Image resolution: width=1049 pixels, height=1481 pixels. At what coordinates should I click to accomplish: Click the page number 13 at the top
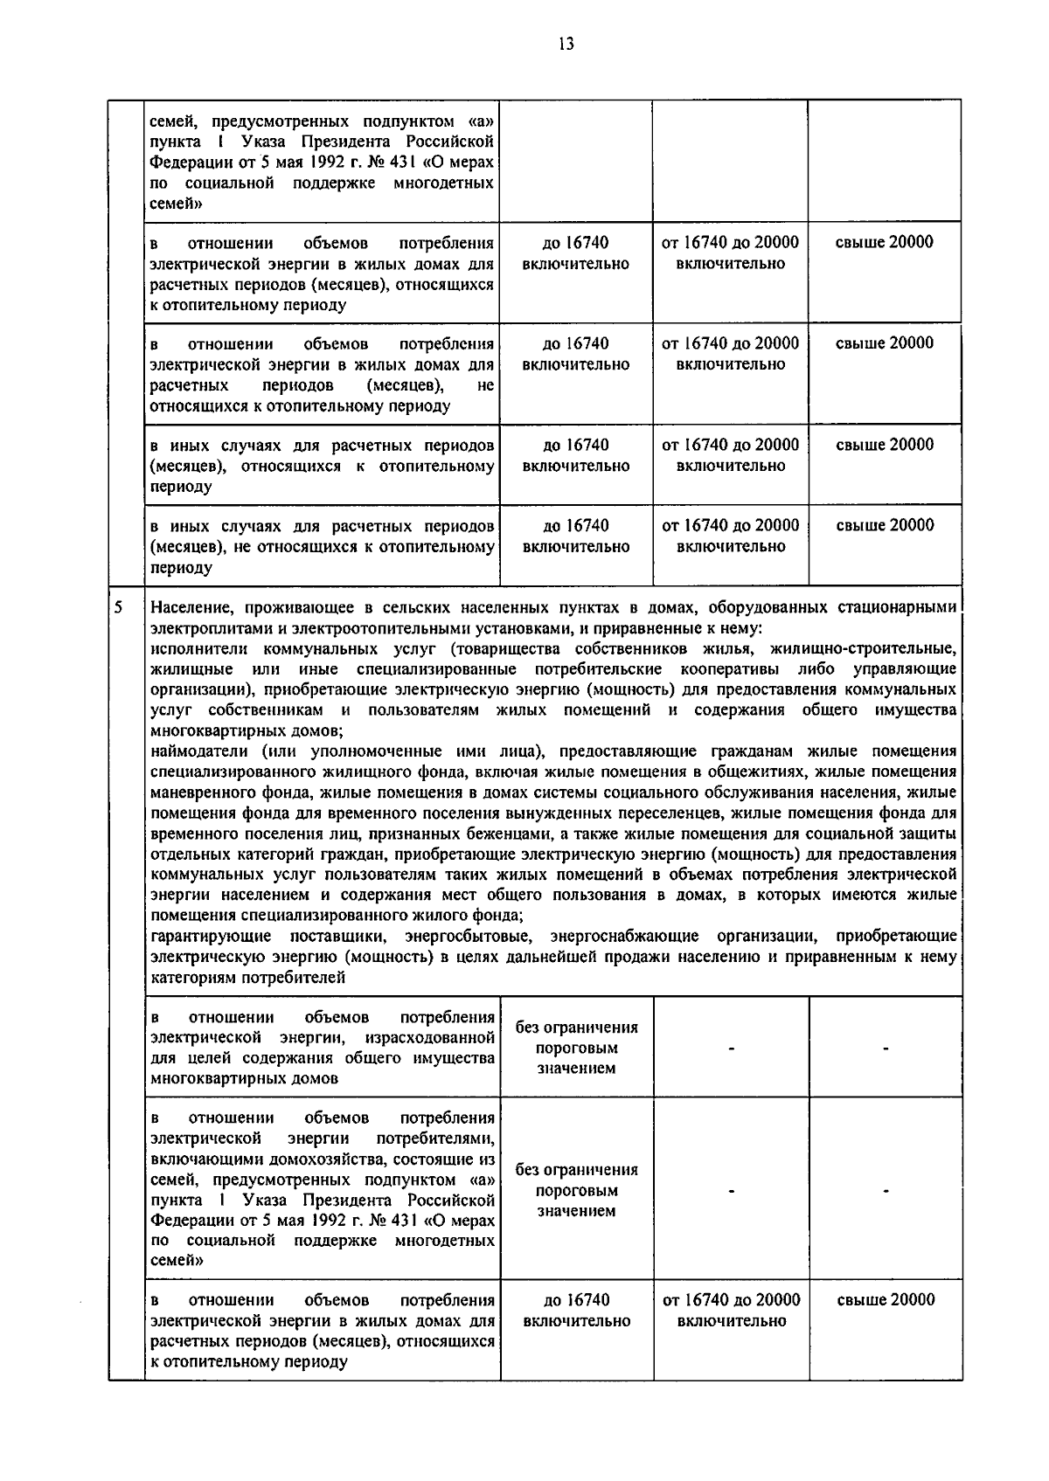coord(566,45)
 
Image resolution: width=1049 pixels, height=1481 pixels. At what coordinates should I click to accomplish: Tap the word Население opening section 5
coord(190,607)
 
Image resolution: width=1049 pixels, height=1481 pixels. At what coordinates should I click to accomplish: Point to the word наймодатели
coord(198,751)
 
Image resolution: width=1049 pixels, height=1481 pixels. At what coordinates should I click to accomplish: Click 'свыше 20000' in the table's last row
coord(886,1299)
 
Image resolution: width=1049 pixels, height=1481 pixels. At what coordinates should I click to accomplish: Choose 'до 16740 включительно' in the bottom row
coord(576,1310)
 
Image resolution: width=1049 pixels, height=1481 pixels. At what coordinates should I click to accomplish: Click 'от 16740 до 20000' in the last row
coord(731,1300)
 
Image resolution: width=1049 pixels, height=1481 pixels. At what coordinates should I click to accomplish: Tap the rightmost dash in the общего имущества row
coord(886,1048)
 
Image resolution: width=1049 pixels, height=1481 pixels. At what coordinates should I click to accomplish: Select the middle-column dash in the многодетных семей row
coord(731,1190)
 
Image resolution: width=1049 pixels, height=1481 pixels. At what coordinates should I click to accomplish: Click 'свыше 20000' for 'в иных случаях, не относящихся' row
coord(885,525)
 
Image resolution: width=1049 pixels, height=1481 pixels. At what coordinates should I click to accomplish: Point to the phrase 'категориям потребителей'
coord(247,979)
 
